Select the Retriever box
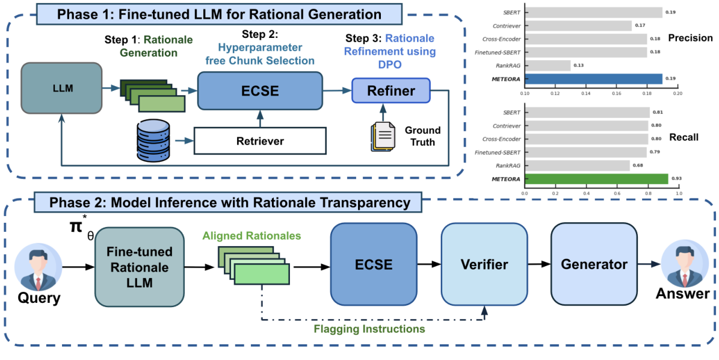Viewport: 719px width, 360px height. point(259,141)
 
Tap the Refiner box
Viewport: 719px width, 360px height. point(391,91)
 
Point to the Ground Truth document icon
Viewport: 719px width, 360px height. point(383,137)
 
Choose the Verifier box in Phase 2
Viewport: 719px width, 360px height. point(484,264)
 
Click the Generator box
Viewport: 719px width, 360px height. point(593,264)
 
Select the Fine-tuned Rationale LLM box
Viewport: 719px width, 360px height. point(139,267)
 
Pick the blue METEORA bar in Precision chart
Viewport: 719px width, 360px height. point(593,79)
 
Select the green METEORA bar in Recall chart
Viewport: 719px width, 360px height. point(596,179)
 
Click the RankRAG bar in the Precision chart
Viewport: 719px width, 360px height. point(547,65)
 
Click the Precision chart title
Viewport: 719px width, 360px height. point(690,38)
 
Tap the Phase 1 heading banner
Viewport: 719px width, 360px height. point(219,14)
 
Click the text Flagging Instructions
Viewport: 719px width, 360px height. point(369,329)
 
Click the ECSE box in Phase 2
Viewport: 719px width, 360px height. point(374,264)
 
